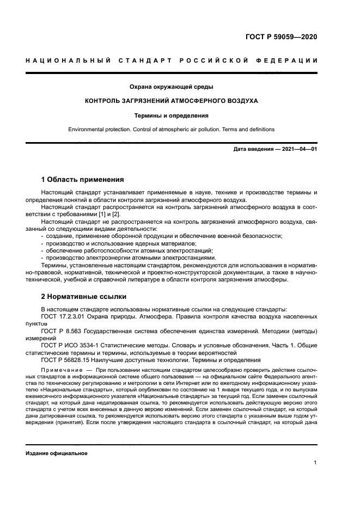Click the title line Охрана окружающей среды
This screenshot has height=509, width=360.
(171, 87)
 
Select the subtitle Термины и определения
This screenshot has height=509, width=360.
(171, 115)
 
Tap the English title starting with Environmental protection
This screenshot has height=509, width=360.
(171, 130)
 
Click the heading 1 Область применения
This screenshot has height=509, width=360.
(83, 179)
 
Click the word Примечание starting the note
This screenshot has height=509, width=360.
(59, 371)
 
